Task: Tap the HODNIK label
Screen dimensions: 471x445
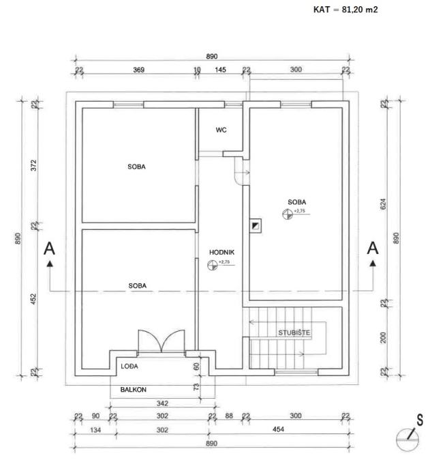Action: [x=221, y=252]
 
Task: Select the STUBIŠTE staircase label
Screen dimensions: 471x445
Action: [x=294, y=332]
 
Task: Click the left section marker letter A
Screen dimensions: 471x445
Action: [x=49, y=248]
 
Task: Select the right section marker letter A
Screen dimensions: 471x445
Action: [x=373, y=248]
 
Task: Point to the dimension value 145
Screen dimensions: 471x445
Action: [x=221, y=70]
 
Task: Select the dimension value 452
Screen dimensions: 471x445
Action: [x=33, y=298]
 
